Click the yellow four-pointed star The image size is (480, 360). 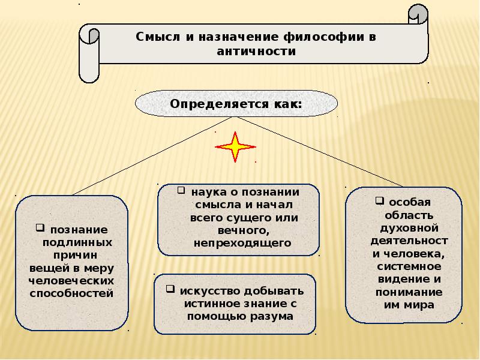pos(235,147)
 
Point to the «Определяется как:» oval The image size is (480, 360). pos(236,104)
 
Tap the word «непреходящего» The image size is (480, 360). pos(242,243)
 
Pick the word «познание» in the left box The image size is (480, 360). pos(79,230)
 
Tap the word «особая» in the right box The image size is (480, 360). pos(410,202)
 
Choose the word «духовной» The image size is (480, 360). pos(410,228)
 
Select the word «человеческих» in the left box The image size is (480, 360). pos(71,281)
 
